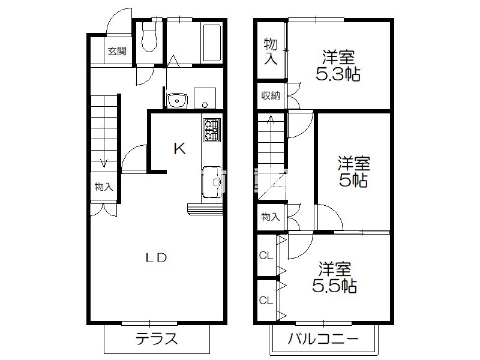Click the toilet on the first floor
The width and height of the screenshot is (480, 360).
[149, 37]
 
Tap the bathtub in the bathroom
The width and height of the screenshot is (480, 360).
[212, 43]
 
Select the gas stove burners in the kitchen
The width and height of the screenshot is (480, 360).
[212, 130]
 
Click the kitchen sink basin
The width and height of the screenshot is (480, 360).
[212, 182]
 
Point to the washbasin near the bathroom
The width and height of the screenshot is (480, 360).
[176, 100]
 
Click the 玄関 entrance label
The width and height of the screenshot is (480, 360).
[117, 51]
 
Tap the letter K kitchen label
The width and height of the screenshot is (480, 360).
[179, 149]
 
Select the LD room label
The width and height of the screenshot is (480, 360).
[156, 258]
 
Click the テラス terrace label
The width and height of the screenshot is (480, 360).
[157, 338]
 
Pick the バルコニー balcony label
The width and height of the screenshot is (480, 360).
[323, 338]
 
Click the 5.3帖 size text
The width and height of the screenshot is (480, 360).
[338, 74]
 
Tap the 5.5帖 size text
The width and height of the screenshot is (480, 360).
[334, 286]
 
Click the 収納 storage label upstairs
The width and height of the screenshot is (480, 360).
[271, 96]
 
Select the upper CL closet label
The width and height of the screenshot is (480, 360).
[266, 256]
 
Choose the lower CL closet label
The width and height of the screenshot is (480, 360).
[266, 301]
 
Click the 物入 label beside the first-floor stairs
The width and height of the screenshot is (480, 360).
[104, 187]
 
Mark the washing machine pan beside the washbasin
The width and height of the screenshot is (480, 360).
[205, 98]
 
